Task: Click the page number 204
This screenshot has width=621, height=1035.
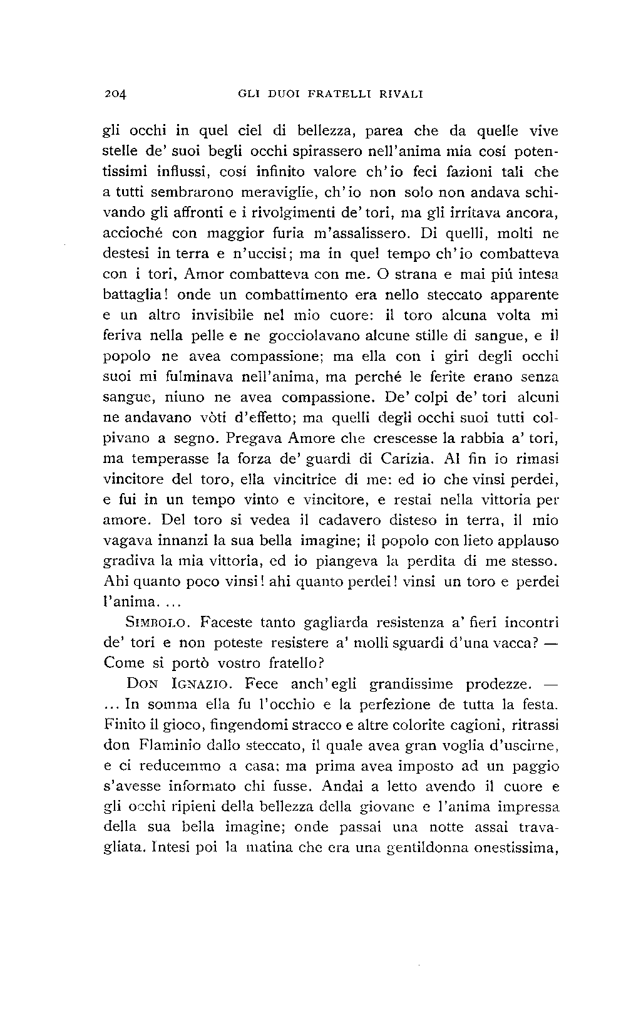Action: [116, 95]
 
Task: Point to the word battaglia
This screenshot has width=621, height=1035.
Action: [130, 295]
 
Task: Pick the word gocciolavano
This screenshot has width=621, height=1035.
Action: [307, 336]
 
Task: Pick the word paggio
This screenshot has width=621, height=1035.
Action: [535, 766]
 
